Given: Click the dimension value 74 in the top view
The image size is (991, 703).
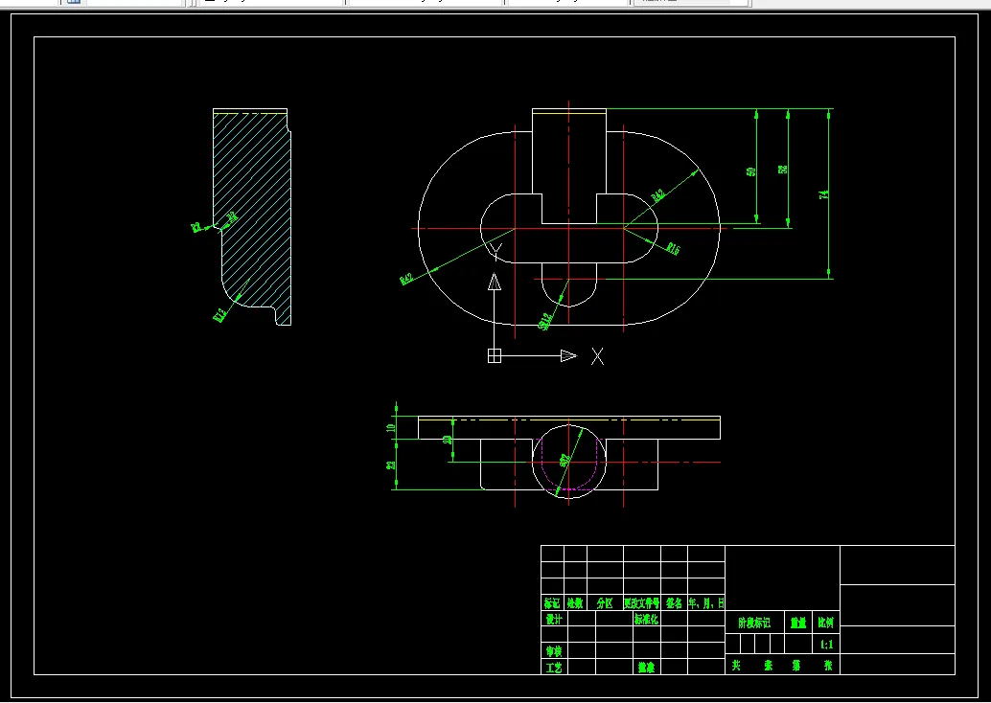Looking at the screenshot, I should pos(824,194).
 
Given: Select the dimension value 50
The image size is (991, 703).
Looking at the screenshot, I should pos(751,171).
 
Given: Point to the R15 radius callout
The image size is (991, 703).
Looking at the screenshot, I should pos(673,250).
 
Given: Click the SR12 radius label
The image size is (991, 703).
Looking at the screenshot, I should pos(545,322).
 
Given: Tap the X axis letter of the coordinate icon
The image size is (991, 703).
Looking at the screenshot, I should pos(597,356).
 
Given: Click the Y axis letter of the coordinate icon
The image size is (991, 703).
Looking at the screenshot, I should pos(495,253).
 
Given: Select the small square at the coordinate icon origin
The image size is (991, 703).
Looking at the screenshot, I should pos(495,356).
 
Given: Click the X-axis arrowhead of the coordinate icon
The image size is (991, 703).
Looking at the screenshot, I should pos(568,356).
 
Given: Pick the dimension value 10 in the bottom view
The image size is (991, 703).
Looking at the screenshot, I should pos(391,428).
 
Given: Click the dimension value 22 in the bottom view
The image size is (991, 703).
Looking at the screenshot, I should pos(391,465).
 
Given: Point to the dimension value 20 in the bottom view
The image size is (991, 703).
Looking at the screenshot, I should pos(448,441).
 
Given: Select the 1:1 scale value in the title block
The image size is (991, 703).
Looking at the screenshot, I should pos(825,646).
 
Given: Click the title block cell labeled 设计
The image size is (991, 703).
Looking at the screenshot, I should pos(553,620).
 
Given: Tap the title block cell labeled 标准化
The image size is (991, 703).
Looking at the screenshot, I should pos(646,620).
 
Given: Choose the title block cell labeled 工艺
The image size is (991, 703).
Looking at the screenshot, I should pos(553,667).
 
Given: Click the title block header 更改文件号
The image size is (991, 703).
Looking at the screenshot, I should pos(641,603).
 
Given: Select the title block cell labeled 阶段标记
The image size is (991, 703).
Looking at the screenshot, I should pos(753,623).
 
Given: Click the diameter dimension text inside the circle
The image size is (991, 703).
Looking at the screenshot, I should pos(566,460).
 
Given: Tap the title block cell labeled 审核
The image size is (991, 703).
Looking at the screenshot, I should pos(553,650).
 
